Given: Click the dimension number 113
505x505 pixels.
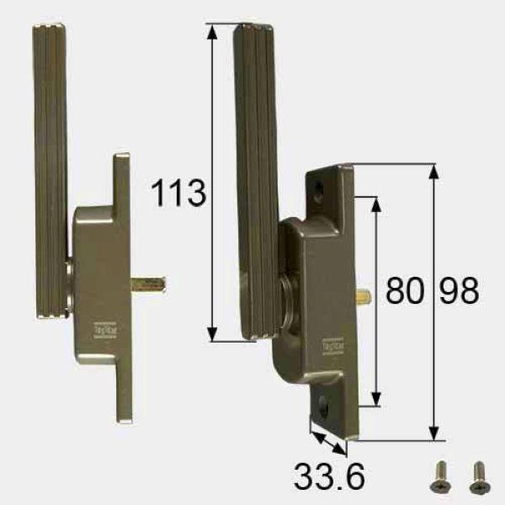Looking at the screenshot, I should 178,194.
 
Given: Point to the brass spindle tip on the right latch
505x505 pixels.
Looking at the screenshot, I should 364,296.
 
